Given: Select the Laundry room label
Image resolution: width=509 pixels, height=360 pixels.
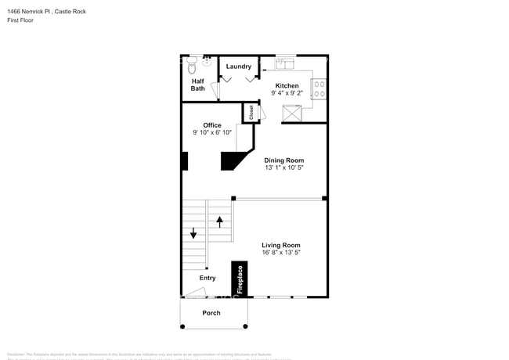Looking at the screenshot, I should pos(238,67).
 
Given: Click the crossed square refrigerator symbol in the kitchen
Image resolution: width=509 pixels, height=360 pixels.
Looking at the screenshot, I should pos(293,114).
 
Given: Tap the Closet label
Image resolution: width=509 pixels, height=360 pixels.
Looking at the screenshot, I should pos(252,113).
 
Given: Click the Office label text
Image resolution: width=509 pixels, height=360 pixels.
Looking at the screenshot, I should pos(211,125).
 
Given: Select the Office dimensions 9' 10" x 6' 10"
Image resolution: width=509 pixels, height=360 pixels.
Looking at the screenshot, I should pos(211,133).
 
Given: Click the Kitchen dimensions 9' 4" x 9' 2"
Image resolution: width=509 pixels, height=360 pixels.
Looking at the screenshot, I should pos(286,93).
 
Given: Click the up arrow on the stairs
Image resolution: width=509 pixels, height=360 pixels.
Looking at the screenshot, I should pos(220,222).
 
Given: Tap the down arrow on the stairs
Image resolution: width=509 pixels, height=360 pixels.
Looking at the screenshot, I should pos(193,233).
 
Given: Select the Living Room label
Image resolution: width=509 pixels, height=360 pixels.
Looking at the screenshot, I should pos(280,245).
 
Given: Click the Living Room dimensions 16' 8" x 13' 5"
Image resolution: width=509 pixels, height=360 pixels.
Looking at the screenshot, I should pos(280,253).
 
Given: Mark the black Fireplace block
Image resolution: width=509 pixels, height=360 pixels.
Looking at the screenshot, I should pos(240,279).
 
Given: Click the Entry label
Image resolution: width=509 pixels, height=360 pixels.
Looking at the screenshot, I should pos(208,278).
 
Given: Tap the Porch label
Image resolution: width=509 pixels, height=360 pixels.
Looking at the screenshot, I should pos(211,313).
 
